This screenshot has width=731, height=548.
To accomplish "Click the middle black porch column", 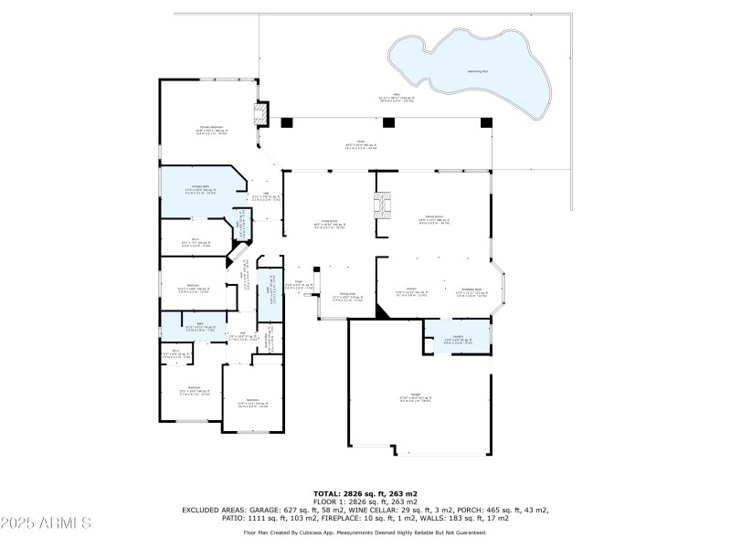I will (388, 122).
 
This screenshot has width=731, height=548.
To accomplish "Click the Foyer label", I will (299, 282).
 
